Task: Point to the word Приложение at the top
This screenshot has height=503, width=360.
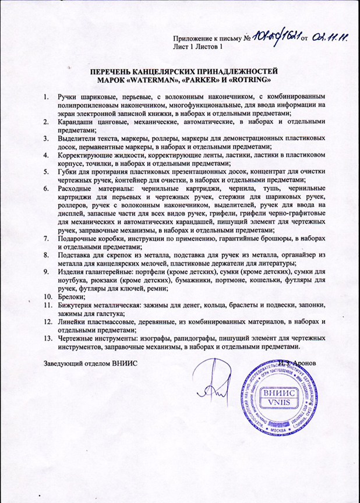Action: pos(195,37)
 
